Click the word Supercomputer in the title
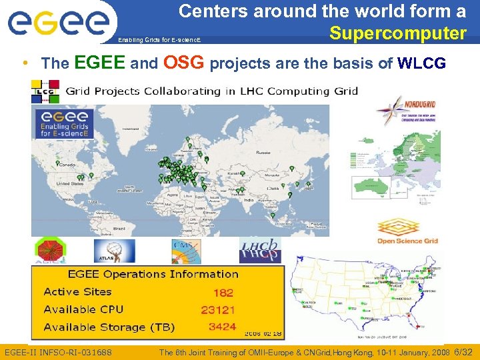point(398,33)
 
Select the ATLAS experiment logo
point(114,251)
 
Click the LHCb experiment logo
point(261,251)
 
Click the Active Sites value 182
point(223,293)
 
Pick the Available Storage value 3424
point(222,327)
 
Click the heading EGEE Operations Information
point(153,274)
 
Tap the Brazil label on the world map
point(119,229)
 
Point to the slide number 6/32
point(463,351)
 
